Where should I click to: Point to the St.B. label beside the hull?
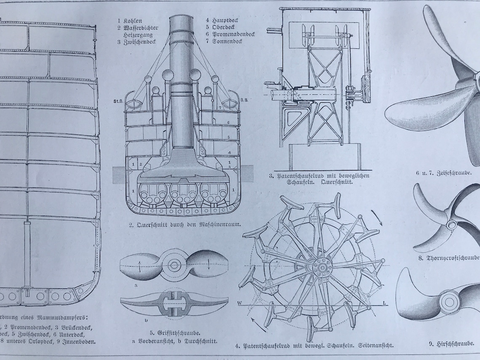[x=117, y=101]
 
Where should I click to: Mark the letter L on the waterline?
[x=385, y=303]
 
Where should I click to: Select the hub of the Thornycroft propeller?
[x=451, y=224]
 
